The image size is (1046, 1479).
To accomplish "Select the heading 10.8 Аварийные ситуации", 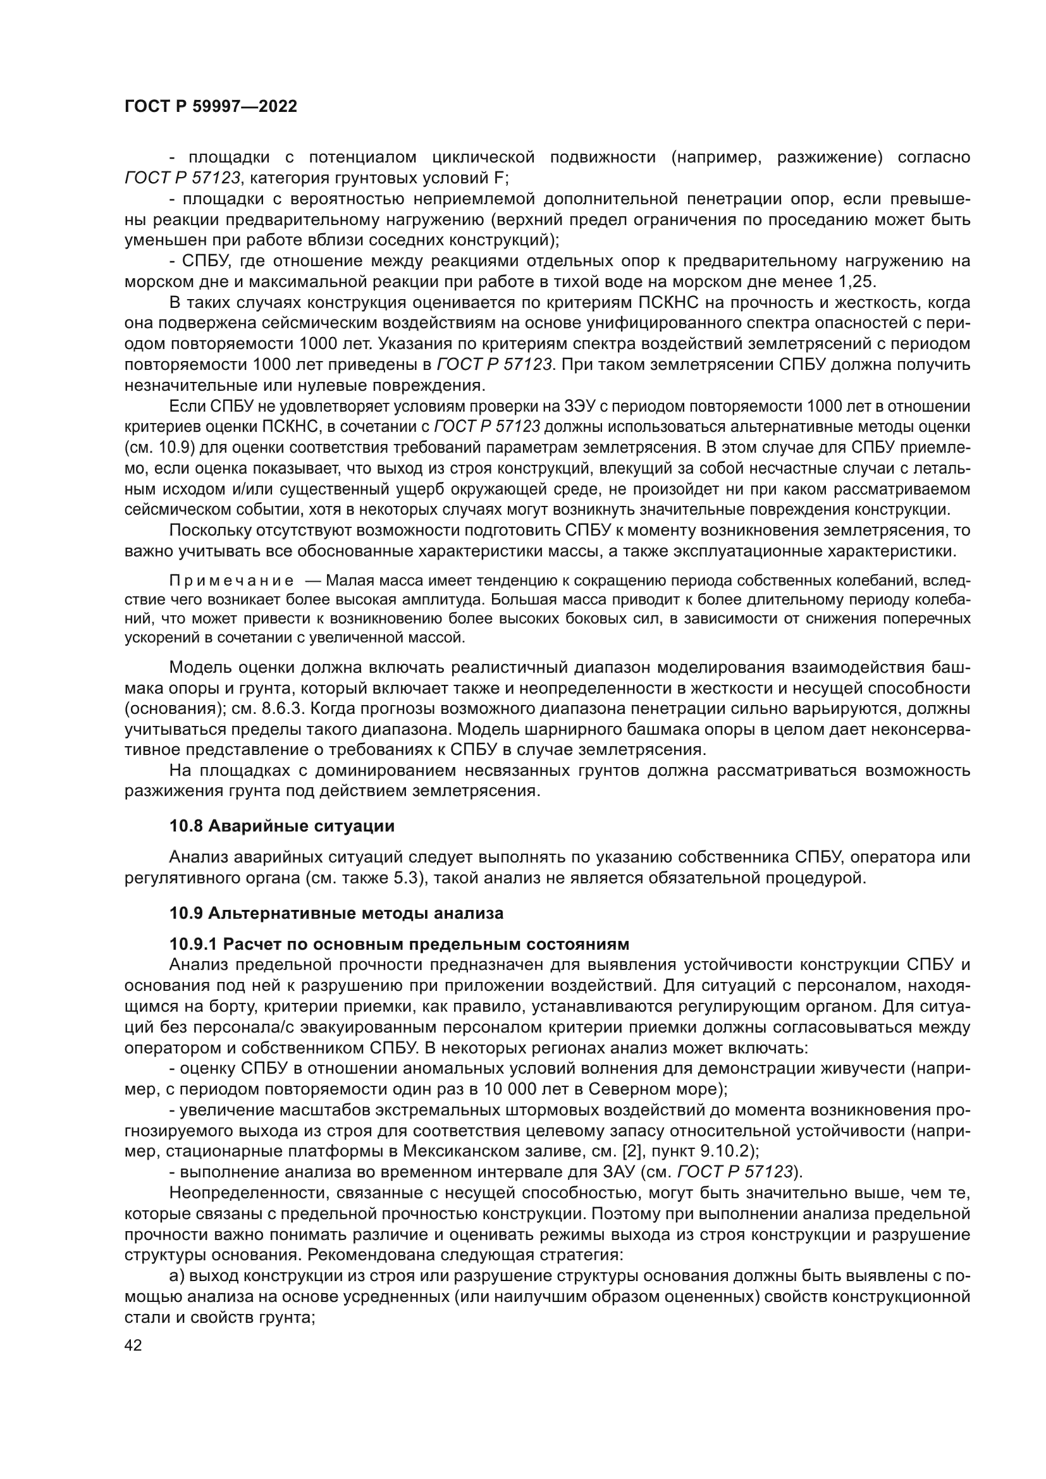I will (x=281, y=826).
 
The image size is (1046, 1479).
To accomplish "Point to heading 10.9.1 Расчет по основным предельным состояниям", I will (x=398, y=943).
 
